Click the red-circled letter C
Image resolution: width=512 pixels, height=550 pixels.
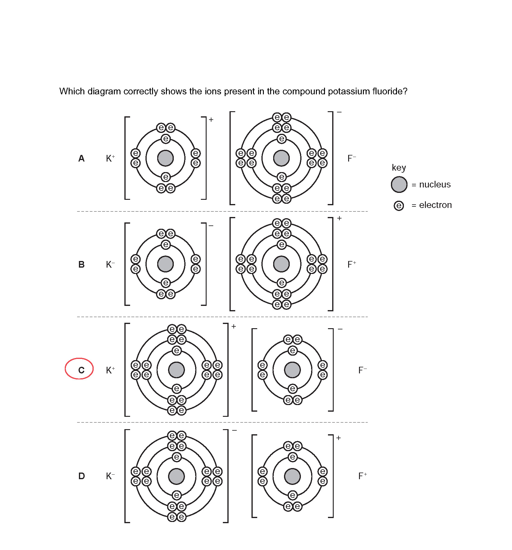81,370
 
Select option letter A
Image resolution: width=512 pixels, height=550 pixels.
81,159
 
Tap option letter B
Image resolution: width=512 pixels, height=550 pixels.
81,265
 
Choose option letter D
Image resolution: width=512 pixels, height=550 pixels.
81,476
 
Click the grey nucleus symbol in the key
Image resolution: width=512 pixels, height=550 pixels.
399,184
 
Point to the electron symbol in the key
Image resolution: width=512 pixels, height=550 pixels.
399,206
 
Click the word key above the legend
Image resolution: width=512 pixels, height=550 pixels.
399,168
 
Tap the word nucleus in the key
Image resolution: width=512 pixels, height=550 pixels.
435,184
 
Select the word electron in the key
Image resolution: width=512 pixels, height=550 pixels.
436,205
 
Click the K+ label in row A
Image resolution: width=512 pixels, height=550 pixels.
110,159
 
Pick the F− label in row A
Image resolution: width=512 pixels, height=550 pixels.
351,159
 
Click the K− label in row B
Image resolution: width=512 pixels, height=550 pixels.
110,265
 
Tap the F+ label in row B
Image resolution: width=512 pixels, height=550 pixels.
351,265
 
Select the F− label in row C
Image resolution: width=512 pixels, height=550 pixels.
362,370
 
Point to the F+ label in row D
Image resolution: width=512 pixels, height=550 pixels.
362,476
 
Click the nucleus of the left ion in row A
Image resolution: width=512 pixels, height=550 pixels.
165,158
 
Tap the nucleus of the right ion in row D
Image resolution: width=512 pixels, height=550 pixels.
292,476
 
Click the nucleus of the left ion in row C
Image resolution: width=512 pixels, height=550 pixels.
176,370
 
